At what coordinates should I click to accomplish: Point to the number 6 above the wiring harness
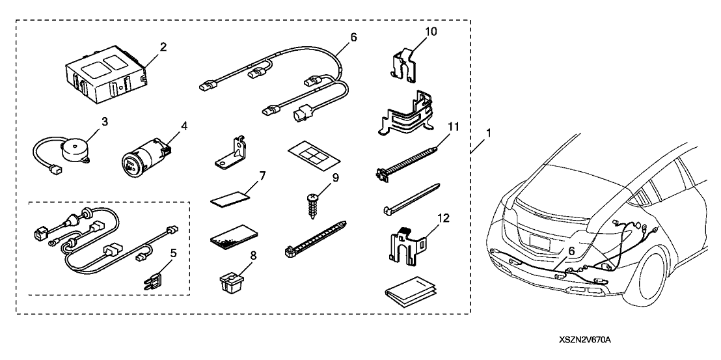353,38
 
